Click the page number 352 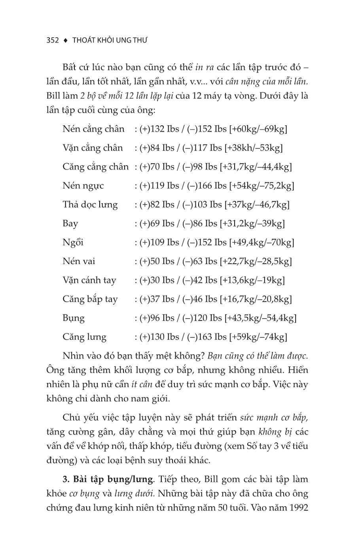pos(53,40)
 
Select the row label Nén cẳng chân pos(93,129)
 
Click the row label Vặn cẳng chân pos(93,148)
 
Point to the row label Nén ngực pos(83,186)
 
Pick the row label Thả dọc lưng pos(90,205)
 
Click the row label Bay pos(70,224)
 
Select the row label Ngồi pos(73,242)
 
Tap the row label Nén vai pos(79,261)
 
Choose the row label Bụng pos(73,318)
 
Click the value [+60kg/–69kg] pos(258,129)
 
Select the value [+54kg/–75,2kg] pos(261,186)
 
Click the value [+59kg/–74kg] pos(258,337)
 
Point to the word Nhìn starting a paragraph pos(73,356)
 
